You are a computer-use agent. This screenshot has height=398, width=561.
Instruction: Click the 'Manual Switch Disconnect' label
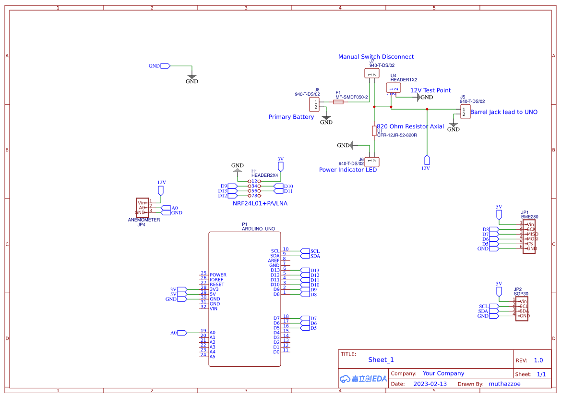(376, 57)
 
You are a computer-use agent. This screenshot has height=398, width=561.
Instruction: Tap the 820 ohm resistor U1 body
(374, 131)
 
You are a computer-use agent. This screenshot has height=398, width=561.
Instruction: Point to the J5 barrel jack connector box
(465, 112)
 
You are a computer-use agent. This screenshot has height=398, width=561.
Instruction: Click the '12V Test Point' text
(430, 90)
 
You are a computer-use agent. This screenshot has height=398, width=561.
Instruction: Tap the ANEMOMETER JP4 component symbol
(142, 207)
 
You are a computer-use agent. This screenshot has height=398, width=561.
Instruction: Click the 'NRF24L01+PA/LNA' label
(260, 203)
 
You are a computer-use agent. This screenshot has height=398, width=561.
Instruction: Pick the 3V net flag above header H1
(281, 166)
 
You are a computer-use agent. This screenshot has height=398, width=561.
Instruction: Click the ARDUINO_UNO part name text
(258, 229)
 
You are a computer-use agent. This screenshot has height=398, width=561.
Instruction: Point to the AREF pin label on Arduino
(274, 261)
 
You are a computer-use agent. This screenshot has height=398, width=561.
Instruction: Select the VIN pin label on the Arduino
(214, 309)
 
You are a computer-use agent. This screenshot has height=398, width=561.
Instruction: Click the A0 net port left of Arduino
(182, 333)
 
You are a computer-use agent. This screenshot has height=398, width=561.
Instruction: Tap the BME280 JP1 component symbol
(529, 236)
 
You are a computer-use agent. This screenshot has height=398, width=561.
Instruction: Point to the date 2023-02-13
(430, 384)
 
